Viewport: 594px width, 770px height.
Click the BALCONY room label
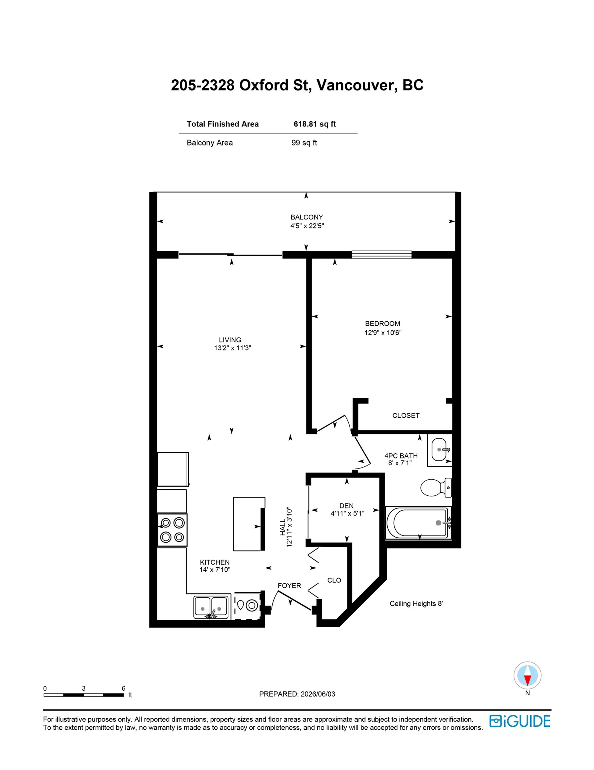pyautogui.click(x=306, y=217)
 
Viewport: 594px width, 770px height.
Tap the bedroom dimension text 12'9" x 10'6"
pyautogui.click(x=383, y=332)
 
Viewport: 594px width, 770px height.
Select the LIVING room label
pyautogui.click(x=230, y=340)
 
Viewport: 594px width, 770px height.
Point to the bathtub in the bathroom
pyautogui.click(x=418, y=523)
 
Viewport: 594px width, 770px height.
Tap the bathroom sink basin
pyautogui.click(x=439, y=450)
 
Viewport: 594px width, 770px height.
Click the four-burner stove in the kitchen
pyautogui.click(x=172, y=530)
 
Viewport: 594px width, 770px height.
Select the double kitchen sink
pyautogui.click(x=211, y=607)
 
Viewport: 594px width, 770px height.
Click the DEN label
pyautogui.click(x=346, y=506)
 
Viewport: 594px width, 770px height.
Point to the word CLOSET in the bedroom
pyautogui.click(x=406, y=416)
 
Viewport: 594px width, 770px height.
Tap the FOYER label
pyautogui.click(x=289, y=586)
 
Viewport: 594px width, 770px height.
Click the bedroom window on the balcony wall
pyautogui.click(x=382, y=255)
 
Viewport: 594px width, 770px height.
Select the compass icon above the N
pyautogui.click(x=527, y=675)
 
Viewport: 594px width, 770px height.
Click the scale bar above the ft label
pyautogui.click(x=84, y=695)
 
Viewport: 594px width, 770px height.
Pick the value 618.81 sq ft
pyautogui.click(x=314, y=124)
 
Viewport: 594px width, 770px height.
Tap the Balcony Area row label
pyautogui.click(x=209, y=143)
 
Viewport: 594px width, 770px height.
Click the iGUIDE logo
pyautogui.click(x=520, y=721)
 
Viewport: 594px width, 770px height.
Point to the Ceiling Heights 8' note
pyautogui.click(x=416, y=604)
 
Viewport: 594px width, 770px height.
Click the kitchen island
pyautogui.click(x=249, y=524)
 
